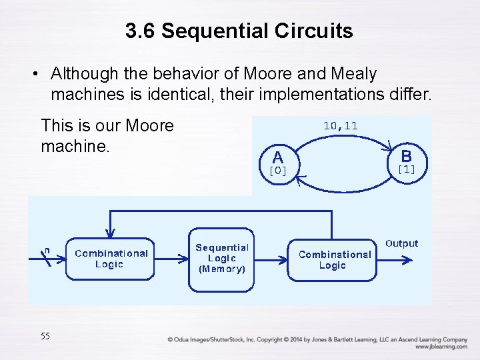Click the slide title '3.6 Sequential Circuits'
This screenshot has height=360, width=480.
[x=239, y=31]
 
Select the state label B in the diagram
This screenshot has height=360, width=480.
[x=406, y=156]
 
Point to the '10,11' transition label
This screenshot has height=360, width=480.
[x=340, y=125]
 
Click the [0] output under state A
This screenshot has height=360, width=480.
[x=278, y=171]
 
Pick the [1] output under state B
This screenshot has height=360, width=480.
[x=406, y=169]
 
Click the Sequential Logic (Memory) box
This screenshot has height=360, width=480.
[x=222, y=259]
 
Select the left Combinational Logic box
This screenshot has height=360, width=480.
[x=111, y=259]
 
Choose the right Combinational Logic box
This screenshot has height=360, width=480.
[x=334, y=259]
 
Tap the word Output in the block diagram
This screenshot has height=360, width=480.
[x=401, y=243]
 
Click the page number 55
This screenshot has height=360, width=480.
[x=45, y=336]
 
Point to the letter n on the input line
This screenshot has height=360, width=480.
[x=47, y=250]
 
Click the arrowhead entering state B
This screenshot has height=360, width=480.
[x=390, y=146]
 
